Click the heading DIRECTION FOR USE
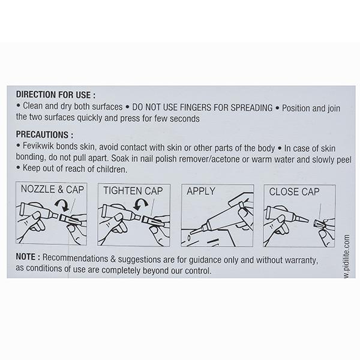(x=56, y=95)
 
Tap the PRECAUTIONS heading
(x=44, y=134)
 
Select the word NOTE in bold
(x=25, y=257)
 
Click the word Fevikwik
(x=38, y=146)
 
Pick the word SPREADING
(x=251, y=107)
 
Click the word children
(x=112, y=169)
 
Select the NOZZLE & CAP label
(x=52, y=190)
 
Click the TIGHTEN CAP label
(x=133, y=191)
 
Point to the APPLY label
(x=201, y=191)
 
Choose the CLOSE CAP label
(x=294, y=192)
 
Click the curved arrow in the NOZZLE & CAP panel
(x=62, y=205)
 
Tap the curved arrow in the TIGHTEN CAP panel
(x=140, y=204)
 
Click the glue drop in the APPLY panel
(x=189, y=238)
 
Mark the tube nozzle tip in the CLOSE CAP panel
(x=307, y=220)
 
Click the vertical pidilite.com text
(x=347, y=256)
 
